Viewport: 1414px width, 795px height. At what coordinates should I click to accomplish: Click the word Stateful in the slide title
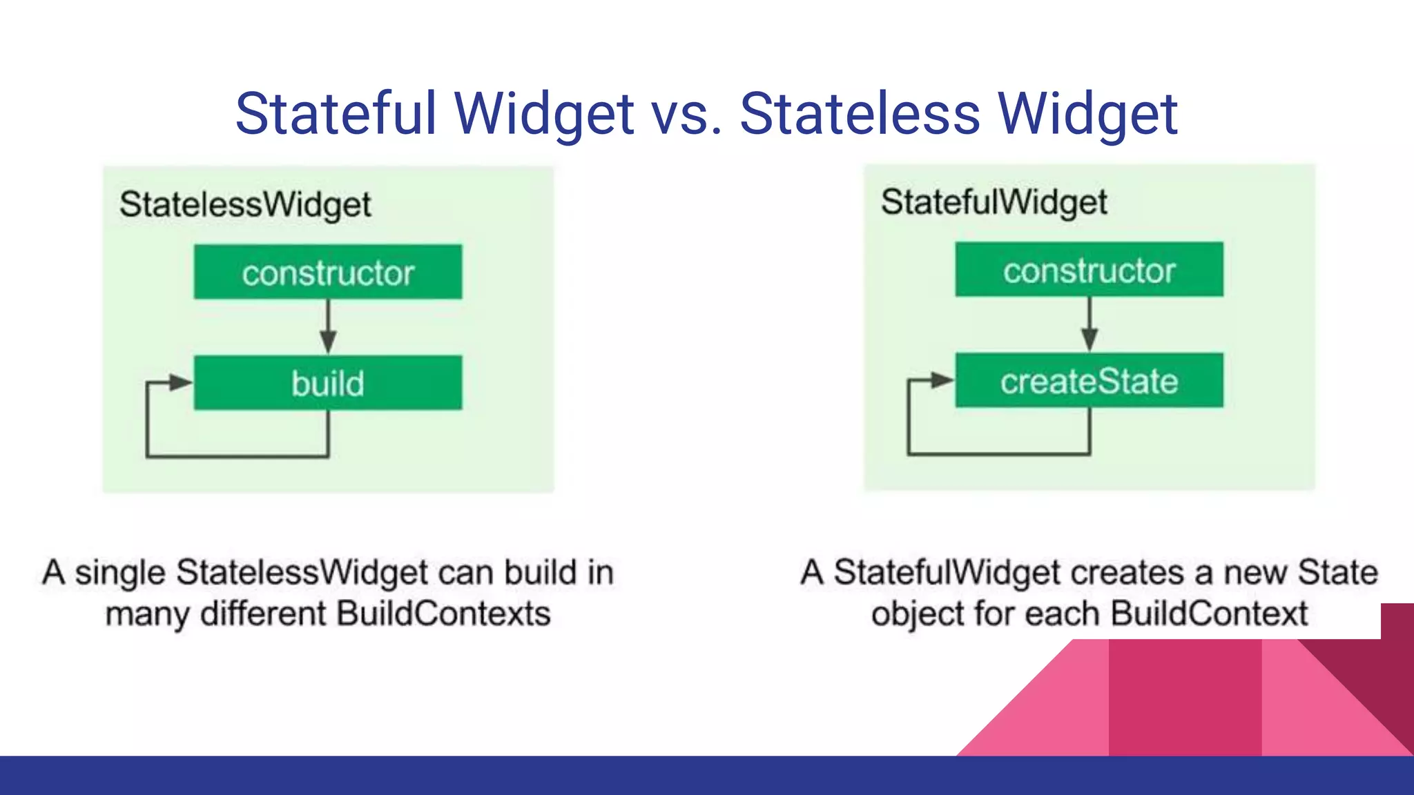[337, 114]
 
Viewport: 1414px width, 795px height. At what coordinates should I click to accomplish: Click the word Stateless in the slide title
[860, 114]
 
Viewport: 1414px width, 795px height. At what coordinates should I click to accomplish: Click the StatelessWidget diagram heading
[245, 205]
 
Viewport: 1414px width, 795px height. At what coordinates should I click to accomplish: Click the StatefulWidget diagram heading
[994, 202]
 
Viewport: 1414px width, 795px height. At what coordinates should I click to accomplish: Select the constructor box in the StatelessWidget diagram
[328, 272]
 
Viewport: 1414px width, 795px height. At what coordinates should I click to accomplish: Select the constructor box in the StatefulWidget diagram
[1089, 270]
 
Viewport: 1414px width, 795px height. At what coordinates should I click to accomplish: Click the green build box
[328, 383]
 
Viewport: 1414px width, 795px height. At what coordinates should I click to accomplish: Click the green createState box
[1089, 381]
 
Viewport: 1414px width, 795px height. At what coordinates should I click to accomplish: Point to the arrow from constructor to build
[328, 327]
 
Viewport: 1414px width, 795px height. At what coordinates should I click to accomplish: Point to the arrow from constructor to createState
[1089, 325]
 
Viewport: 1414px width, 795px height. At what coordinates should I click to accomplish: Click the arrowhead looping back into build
[180, 382]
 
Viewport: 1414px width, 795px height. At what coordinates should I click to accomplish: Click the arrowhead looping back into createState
[941, 380]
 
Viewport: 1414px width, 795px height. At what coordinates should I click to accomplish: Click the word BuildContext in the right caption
[1209, 614]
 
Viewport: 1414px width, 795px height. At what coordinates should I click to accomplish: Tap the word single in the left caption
[120, 573]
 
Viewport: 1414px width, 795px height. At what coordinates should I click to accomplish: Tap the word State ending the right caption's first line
[1337, 573]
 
